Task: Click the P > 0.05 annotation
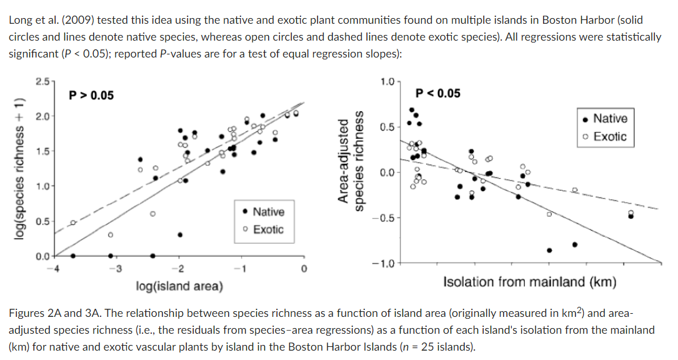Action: [x=91, y=96]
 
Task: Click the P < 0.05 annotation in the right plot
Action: [x=437, y=94]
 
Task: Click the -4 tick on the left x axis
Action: [x=55, y=269]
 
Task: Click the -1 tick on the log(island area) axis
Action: [x=237, y=269]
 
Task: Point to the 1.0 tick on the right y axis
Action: [x=387, y=82]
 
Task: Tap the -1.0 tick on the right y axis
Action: [x=384, y=263]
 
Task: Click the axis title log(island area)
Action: [x=179, y=287]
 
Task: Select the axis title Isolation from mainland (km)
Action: [x=529, y=282]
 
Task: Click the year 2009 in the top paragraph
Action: [x=62, y=21]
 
